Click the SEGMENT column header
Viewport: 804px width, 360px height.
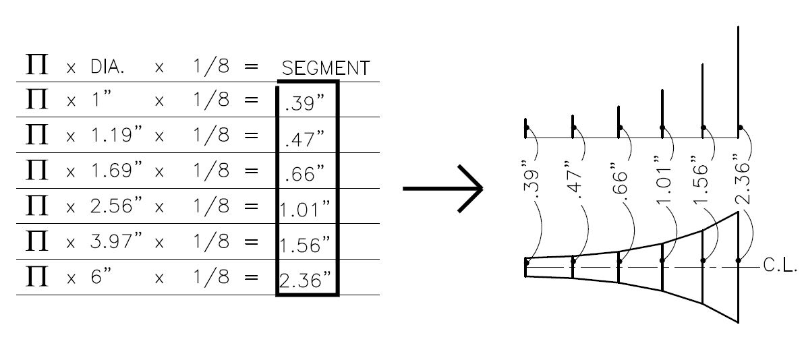pos(326,68)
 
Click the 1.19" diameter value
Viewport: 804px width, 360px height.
pos(117,134)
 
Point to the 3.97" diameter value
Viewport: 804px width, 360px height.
pos(117,241)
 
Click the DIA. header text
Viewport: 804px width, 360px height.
pos(107,67)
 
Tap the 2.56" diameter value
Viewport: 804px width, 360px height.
pos(117,205)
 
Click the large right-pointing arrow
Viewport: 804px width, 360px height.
pos(443,189)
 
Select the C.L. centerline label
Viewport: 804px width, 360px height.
pos(780,265)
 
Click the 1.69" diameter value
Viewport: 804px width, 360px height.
pos(117,170)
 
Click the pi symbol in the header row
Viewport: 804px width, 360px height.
pos(36,65)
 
